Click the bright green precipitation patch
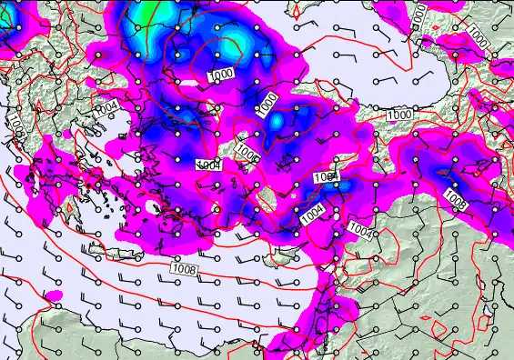[146, 11]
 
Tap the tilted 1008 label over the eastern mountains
[454, 197]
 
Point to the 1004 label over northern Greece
[106, 108]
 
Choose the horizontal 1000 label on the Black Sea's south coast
[398, 115]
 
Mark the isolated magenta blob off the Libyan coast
[52, 296]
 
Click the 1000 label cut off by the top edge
[418, 13]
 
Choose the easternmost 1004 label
[360, 231]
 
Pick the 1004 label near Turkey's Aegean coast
[208, 164]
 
